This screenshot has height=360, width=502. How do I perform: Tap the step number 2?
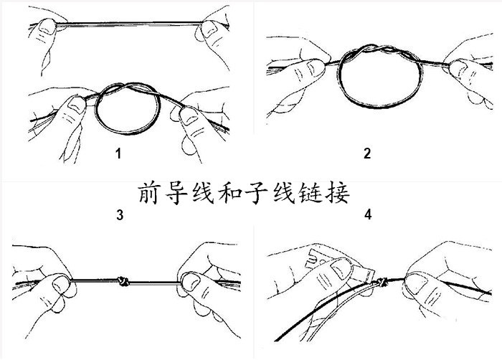367,153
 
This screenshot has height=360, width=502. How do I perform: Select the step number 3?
119,214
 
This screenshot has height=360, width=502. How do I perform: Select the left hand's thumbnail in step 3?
60,284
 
